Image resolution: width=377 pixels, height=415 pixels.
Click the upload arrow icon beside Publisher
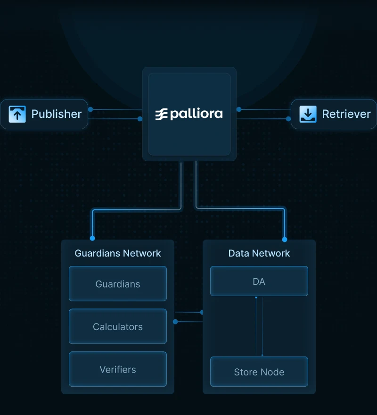point(17,114)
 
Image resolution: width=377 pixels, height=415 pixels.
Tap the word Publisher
point(56,114)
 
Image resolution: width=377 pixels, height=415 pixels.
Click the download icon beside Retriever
point(308,114)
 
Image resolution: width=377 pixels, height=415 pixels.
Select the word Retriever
point(346,114)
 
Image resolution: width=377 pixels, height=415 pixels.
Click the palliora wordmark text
point(196,114)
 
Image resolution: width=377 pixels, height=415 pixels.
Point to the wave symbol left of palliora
point(162,114)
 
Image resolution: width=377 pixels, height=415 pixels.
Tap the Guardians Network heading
point(118,253)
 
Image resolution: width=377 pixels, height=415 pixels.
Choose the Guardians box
point(118,284)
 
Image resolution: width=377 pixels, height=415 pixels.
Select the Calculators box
point(118,326)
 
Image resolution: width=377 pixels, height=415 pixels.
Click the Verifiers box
point(118,369)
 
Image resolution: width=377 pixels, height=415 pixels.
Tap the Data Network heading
point(259,253)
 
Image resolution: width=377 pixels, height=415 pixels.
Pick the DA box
point(259,282)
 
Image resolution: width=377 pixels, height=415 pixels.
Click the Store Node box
point(259,372)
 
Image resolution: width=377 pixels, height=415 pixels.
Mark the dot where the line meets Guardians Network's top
point(92,238)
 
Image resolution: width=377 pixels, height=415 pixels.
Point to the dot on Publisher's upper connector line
point(90,109)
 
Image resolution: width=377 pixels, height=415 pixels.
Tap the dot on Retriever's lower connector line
point(288,119)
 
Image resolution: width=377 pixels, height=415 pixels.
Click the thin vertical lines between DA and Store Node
point(259,326)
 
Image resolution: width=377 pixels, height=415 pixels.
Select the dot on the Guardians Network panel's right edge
point(175,322)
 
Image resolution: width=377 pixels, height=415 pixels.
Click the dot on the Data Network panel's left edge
point(202,312)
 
